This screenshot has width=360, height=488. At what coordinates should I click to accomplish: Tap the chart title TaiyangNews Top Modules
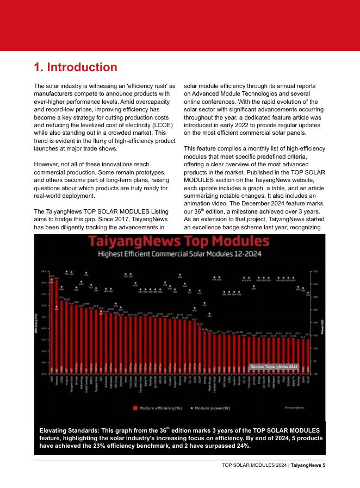tap(180, 241)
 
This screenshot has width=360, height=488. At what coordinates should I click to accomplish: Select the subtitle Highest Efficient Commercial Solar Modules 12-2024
tap(180, 253)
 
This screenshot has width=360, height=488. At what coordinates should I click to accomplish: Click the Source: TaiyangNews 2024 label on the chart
tap(275, 367)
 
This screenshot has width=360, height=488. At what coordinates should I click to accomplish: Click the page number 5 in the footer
tap(324, 465)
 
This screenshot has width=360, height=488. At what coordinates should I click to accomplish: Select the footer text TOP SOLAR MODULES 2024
tap(255, 465)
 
